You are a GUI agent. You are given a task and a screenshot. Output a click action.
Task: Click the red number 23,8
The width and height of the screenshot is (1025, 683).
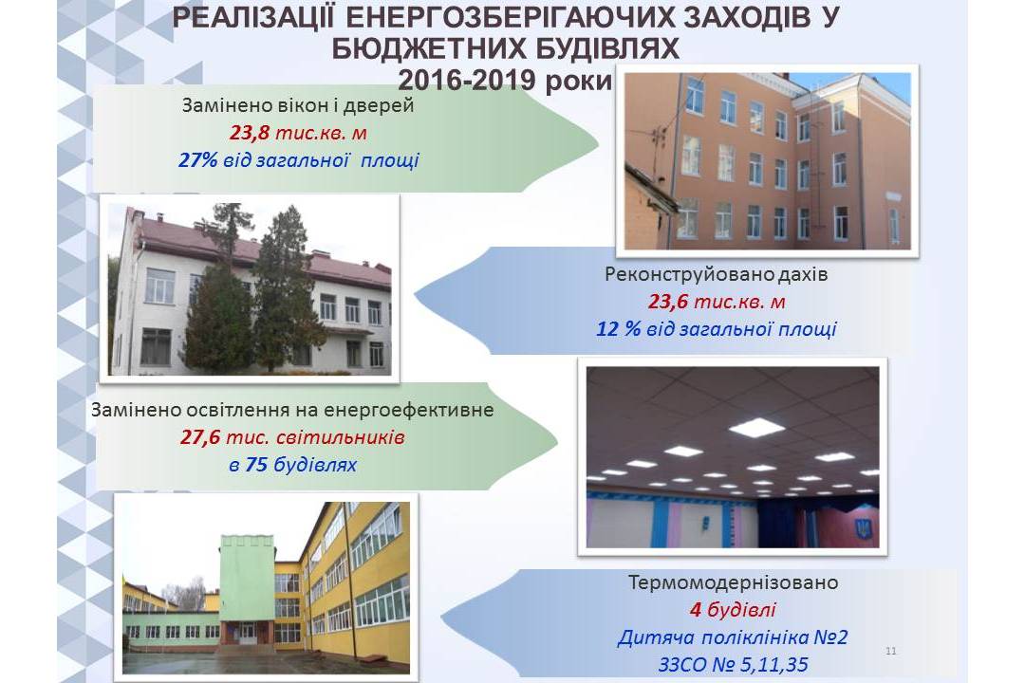(249, 133)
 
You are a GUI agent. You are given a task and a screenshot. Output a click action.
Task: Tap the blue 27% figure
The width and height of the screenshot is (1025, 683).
(197, 160)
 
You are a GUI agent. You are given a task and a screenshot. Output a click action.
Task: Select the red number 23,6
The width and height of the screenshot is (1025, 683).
(668, 302)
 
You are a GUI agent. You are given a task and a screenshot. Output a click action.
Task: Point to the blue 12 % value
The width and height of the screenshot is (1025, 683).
(618, 328)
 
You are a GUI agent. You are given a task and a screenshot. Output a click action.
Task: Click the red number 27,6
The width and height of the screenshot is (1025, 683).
(200, 436)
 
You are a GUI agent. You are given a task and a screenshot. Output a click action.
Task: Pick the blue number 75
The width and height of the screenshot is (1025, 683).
(256, 465)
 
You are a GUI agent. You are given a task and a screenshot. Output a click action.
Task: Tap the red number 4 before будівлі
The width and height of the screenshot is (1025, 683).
(696, 610)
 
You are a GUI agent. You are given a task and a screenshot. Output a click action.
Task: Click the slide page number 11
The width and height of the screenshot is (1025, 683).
(891, 651)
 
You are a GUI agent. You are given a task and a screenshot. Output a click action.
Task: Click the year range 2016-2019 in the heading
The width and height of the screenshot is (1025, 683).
(467, 81)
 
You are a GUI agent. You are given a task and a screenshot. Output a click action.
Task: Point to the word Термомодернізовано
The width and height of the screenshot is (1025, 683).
(733, 582)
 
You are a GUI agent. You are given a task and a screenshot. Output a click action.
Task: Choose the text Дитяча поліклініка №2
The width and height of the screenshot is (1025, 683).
(733, 637)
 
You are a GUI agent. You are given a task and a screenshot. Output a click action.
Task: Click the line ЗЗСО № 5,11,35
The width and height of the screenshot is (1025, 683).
(733, 665)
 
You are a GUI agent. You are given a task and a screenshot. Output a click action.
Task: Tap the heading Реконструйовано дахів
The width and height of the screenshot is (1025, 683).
(717, 274)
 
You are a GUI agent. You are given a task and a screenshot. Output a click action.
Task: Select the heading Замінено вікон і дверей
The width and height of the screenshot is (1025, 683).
(298, 105)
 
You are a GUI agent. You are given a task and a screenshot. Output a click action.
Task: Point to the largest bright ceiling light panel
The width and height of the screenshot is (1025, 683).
(756, 428)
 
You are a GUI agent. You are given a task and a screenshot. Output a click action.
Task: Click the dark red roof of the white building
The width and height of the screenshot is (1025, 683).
(262, 245)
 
